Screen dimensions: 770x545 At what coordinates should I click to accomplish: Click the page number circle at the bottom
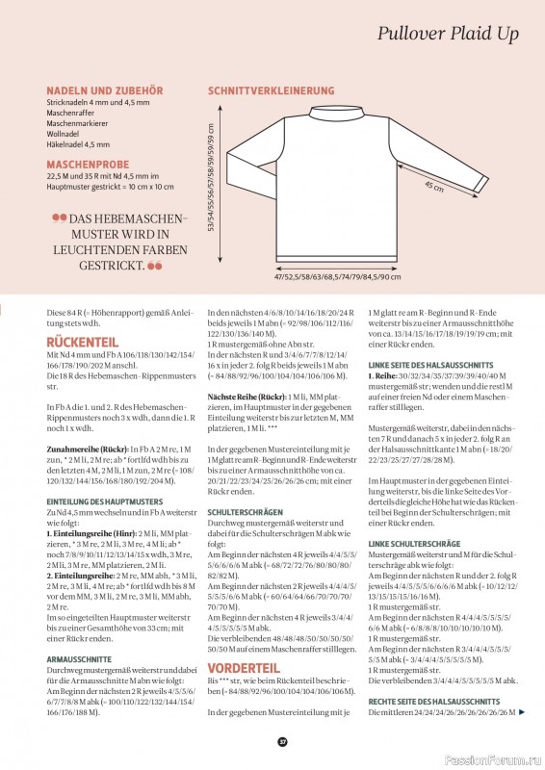pos(283,741)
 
